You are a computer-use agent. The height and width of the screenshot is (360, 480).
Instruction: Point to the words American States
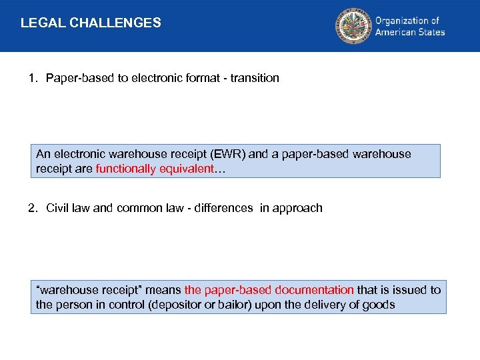point(409,32)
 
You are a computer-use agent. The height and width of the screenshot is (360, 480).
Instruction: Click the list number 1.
point(32,78)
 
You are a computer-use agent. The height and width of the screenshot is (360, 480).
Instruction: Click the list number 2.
point(32,208)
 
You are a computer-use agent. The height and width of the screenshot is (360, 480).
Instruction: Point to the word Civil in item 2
point(58,208)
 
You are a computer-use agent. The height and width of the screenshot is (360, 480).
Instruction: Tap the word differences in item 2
point(225,208)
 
